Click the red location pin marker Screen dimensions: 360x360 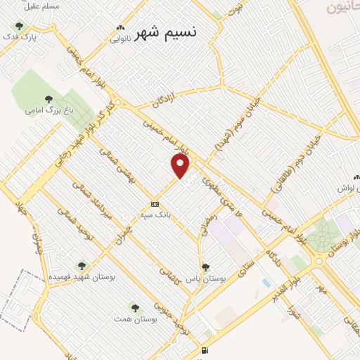pos(181,165)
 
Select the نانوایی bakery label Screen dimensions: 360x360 pos(120,39)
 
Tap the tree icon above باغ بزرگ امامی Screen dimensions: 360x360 pos(48,99)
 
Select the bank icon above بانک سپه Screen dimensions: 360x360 pos(155,204)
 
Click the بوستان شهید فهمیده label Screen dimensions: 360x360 pos(82,276)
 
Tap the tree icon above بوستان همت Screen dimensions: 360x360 pos(135,308)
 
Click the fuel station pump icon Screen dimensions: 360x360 pos(204,350)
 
